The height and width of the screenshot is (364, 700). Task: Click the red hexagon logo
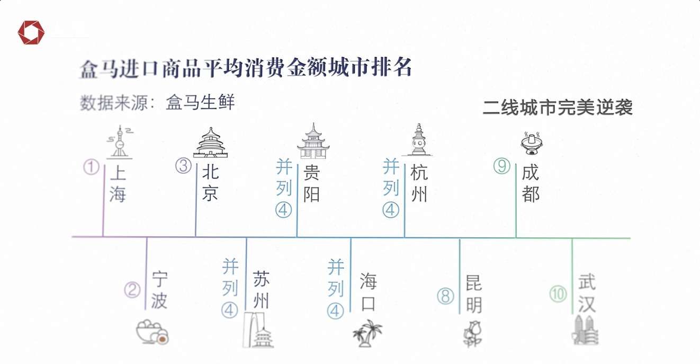[31, 32]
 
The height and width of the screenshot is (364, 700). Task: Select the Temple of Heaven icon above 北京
[211, 143]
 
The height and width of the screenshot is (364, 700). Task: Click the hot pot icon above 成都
[532, 143]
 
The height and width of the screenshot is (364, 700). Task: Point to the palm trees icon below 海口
[367, 333]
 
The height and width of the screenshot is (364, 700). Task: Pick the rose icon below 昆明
[472, 333]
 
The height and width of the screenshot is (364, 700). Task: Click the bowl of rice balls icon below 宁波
[152, 332]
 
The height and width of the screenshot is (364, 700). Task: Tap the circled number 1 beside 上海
[91, 167]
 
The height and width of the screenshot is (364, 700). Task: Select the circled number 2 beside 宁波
[132, 290]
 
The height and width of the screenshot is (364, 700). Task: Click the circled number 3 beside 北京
[183, 166]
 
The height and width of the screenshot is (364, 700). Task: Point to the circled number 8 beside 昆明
[445, 296]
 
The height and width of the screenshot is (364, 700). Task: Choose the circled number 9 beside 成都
[502, 166]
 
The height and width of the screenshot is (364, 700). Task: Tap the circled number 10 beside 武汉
[558, 294]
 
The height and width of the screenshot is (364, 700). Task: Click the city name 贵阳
[311, 183]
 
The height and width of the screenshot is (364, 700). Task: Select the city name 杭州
[419, 183]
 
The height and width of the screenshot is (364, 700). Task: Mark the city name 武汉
[587, 293]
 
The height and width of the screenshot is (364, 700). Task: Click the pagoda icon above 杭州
[418, 140]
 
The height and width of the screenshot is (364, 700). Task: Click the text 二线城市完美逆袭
[558, 108]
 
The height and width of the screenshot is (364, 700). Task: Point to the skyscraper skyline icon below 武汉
[585, 330]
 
